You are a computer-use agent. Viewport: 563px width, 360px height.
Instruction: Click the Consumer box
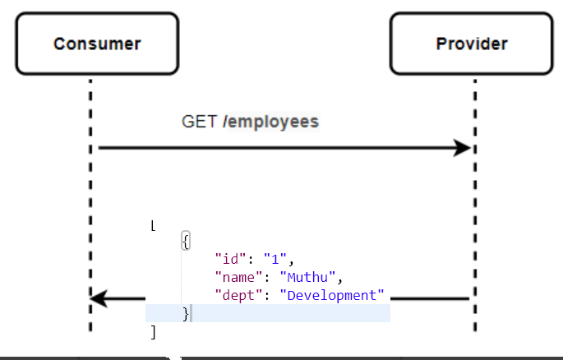pyautogui.click(x=97, y=44)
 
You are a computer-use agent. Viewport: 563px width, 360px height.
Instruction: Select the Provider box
pyautogui.click(x=471, y=44)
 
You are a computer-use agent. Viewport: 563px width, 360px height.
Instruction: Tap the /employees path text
pyautogui.click(x=270, y=122)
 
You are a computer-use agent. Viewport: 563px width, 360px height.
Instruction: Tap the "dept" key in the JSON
pyautogui.click(x=234, y=294)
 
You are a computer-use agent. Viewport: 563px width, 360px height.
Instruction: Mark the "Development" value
pyautogui.click(x=332, y=294)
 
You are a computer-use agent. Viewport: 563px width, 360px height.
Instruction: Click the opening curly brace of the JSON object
pyautogui.click(x=187, y=241)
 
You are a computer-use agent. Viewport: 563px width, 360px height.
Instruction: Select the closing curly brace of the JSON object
pyautogui.click(x=186, y=313)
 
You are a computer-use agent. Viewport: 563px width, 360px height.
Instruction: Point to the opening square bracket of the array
pyautogui.click(x=154, y=225)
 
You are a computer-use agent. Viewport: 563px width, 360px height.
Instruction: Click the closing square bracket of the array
pyautogui.click(x=153, y=331)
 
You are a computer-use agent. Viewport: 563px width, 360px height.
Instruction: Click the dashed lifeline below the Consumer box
pyautogui.click(x=90, y=205)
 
